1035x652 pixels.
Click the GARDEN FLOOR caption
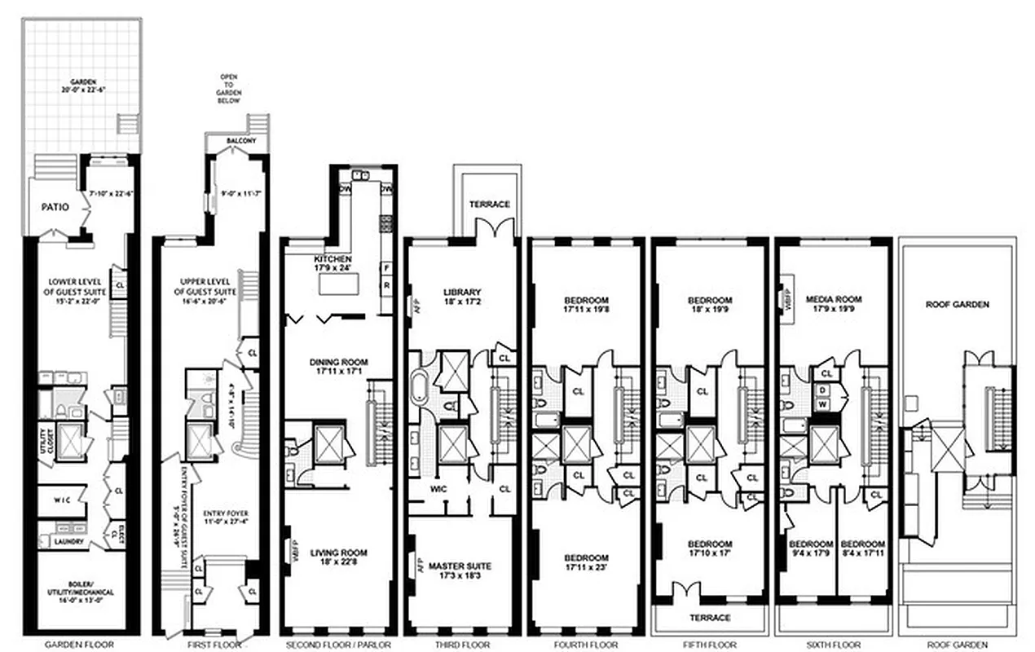point(81,644)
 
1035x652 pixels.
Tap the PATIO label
point(55,207)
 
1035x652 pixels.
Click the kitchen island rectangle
point(338,286)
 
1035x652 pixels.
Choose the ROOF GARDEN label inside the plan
point(957,305)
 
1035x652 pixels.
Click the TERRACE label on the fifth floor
point(709,618)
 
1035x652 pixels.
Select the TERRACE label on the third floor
point(489,204)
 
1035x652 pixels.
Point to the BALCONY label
point(238,141)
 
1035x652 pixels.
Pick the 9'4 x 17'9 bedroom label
point(810,548)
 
